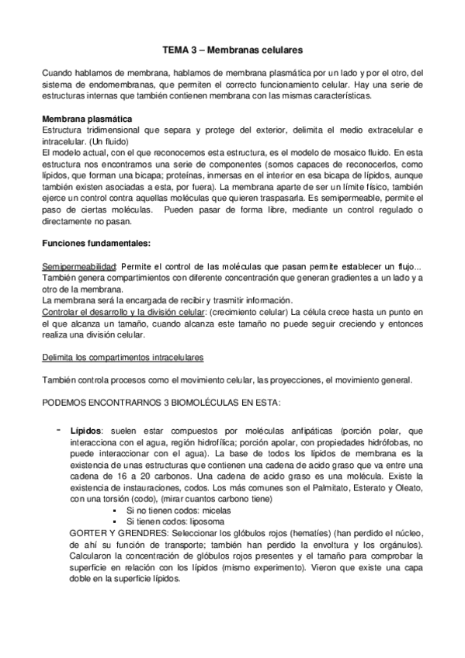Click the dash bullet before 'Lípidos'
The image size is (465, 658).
57,429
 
